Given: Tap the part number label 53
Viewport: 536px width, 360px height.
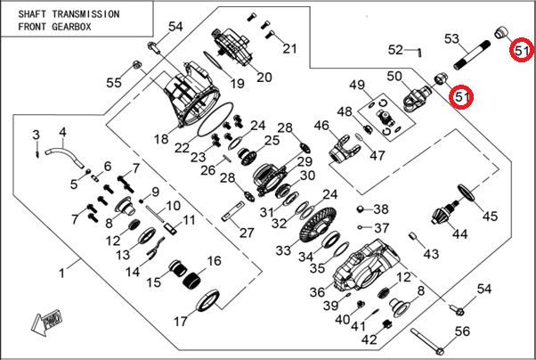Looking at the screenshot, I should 451,39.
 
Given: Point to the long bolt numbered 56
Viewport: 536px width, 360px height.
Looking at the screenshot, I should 434,342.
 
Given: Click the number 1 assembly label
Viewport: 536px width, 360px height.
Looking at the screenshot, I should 62,271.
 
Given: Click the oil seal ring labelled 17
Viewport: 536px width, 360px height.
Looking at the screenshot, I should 206,301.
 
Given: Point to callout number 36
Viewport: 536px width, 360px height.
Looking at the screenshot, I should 318,291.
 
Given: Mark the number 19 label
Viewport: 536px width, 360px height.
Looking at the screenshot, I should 237,84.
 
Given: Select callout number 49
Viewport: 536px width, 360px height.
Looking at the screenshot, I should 357,86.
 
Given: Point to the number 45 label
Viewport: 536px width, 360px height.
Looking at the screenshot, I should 490,215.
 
